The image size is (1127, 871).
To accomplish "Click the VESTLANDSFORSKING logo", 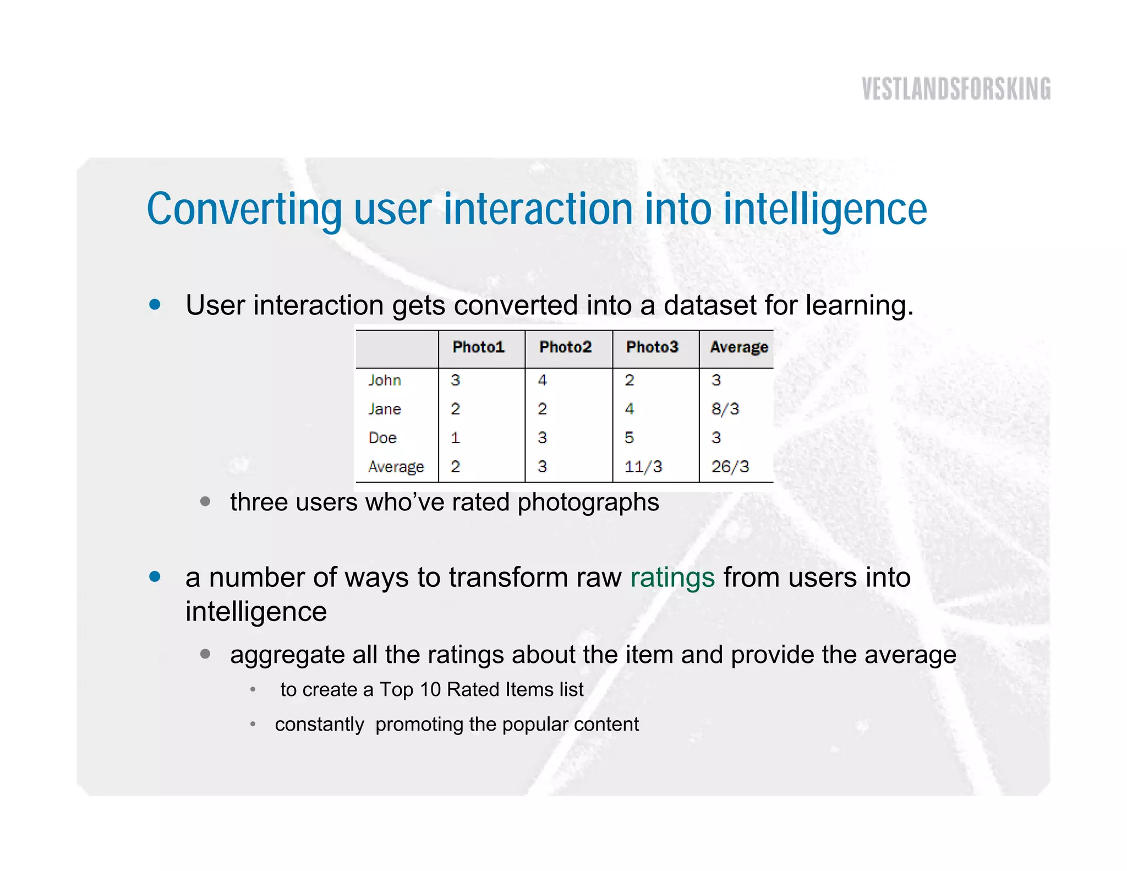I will click(956, 89).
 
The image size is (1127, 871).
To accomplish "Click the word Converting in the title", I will click(244, 210).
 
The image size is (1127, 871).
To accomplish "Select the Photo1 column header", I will click(478, 347).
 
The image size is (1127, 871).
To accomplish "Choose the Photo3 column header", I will click(652, 347).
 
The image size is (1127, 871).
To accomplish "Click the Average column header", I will click(738, 347).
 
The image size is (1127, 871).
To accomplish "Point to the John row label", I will click(384, 380).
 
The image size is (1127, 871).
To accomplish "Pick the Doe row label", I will click(382, 438).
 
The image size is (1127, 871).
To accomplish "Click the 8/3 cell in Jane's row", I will click(725, 409).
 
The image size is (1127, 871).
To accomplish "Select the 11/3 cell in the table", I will click(643, 467).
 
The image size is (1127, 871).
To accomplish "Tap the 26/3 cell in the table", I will click(730, 467).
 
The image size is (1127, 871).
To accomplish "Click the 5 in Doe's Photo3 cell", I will click(629, 438).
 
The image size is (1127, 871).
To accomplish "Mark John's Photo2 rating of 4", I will click(542, 380).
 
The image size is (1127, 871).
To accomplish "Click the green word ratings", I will click(672, 578).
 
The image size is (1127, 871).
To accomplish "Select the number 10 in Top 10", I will click(430, 690).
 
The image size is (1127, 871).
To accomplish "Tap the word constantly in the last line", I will click(319, 725).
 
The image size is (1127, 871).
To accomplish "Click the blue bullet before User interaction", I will click(155, 304).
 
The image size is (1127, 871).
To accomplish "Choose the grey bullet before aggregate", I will click(205, 654).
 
